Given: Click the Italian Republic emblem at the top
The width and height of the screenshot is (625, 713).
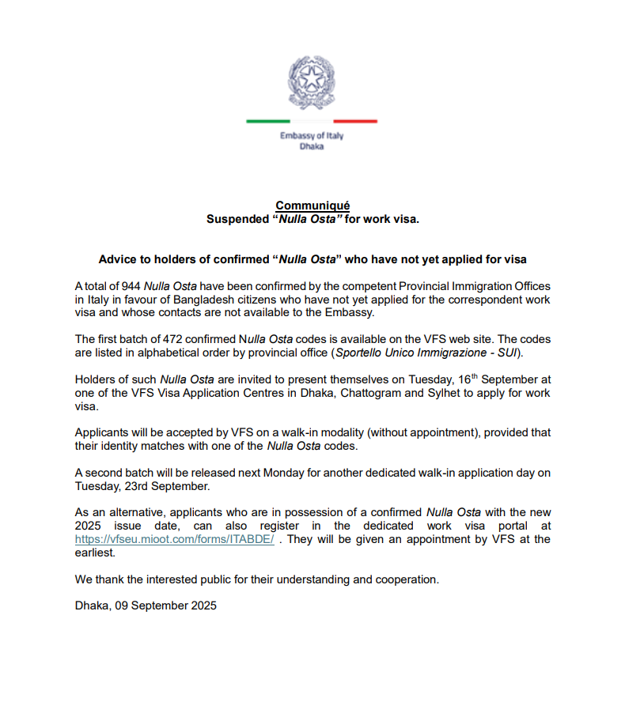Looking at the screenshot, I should click(312, 82).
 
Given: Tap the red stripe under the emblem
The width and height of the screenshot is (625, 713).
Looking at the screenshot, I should click(355, 121).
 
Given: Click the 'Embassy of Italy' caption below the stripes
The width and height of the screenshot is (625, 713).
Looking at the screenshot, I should click(312, 136).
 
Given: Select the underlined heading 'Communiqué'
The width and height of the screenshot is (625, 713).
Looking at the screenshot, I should click(312, 206).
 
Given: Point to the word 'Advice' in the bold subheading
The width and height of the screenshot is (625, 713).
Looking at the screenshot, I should click(116, 259).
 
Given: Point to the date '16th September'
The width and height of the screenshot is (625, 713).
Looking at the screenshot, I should click(437, 379).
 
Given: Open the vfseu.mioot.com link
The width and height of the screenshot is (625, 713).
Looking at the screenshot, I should click(174, 539).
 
